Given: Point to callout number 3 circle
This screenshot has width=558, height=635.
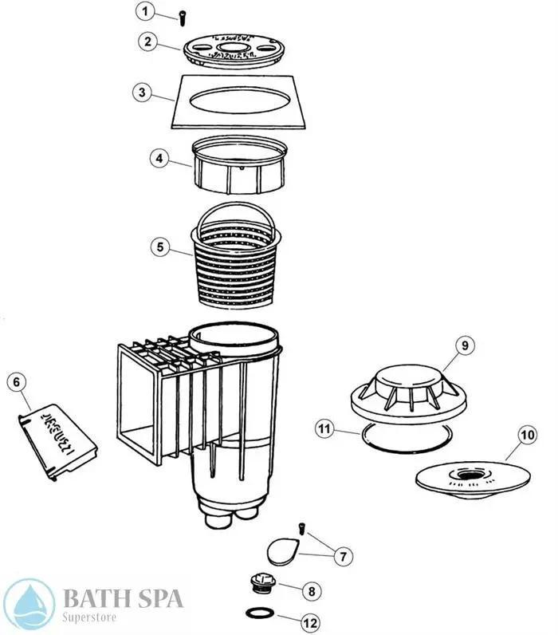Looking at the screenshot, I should [x=141, y=93].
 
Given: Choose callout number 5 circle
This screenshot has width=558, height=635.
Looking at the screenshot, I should [x=161, y=247].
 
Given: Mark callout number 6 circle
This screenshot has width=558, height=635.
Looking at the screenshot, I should [x=15, y=381].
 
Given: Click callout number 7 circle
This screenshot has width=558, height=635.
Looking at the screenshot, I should [x=344, y=554].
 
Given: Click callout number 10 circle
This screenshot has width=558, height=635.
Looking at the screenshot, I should [x=525, y=435].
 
